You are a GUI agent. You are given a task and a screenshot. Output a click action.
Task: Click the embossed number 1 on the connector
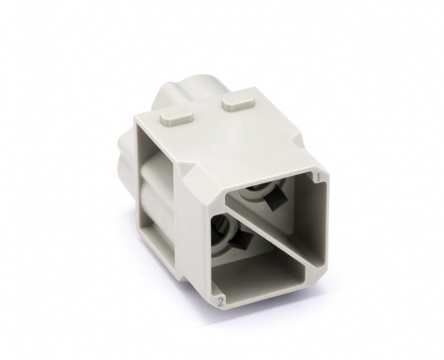pyautogui.click(x=318, y=178)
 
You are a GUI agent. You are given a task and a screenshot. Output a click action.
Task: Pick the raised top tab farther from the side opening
pyautogui.click(x=237, y=104)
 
